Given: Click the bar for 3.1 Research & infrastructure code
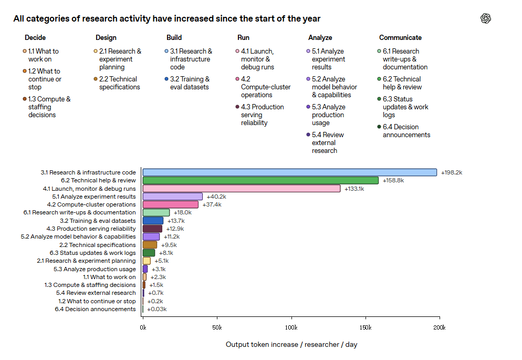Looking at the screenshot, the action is point(290,172).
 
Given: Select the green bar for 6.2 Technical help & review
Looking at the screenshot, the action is point(260,180).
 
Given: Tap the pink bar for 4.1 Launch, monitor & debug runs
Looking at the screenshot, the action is point(242,189).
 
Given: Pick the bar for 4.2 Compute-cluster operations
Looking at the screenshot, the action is point(171,204).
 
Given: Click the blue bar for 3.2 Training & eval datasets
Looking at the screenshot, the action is point(153,221).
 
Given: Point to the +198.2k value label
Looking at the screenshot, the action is point(452,172).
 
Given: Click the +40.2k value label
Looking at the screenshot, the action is point(216,197).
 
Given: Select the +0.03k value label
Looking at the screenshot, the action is point(157,309).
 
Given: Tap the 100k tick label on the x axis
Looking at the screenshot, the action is point(291,327).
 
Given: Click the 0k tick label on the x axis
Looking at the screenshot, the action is point(143,327).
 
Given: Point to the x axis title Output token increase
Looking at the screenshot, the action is point(262,344).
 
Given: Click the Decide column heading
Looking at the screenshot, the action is point(35,38).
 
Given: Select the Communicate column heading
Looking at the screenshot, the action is point(400,38).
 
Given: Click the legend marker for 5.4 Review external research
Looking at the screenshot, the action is point(308,135).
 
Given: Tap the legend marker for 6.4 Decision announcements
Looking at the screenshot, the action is point(379,127).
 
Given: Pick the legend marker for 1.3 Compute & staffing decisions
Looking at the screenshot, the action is point(25,99).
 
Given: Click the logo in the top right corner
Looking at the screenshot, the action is point(486,18).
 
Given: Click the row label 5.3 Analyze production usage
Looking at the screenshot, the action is point(95,269).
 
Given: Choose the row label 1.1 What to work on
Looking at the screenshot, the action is point(109,277).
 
